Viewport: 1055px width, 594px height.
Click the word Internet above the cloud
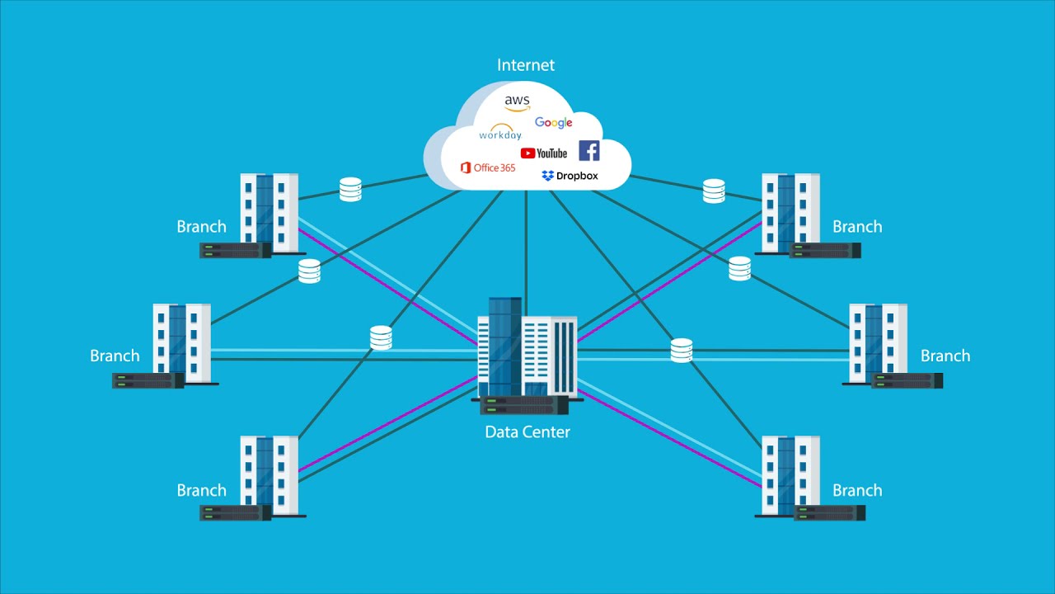526,65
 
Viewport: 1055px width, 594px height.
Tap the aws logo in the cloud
518,102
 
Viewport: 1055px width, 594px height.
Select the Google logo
553,123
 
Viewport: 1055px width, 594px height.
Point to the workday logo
500,133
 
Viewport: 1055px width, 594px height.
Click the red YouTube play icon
527,153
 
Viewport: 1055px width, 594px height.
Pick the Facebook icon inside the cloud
588,150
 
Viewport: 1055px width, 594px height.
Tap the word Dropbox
577,176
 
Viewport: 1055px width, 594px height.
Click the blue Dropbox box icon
548,176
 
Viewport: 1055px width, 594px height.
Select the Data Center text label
527,431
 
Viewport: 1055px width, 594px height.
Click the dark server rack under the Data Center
524,405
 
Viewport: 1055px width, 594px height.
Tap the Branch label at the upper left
201,227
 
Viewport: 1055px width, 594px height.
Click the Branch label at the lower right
857,490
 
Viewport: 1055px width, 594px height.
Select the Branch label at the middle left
115,356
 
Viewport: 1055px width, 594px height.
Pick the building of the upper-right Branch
790,212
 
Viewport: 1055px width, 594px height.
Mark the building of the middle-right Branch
878,342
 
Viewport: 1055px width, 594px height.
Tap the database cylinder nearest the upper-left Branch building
350,190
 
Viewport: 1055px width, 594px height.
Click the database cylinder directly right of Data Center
681,351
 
